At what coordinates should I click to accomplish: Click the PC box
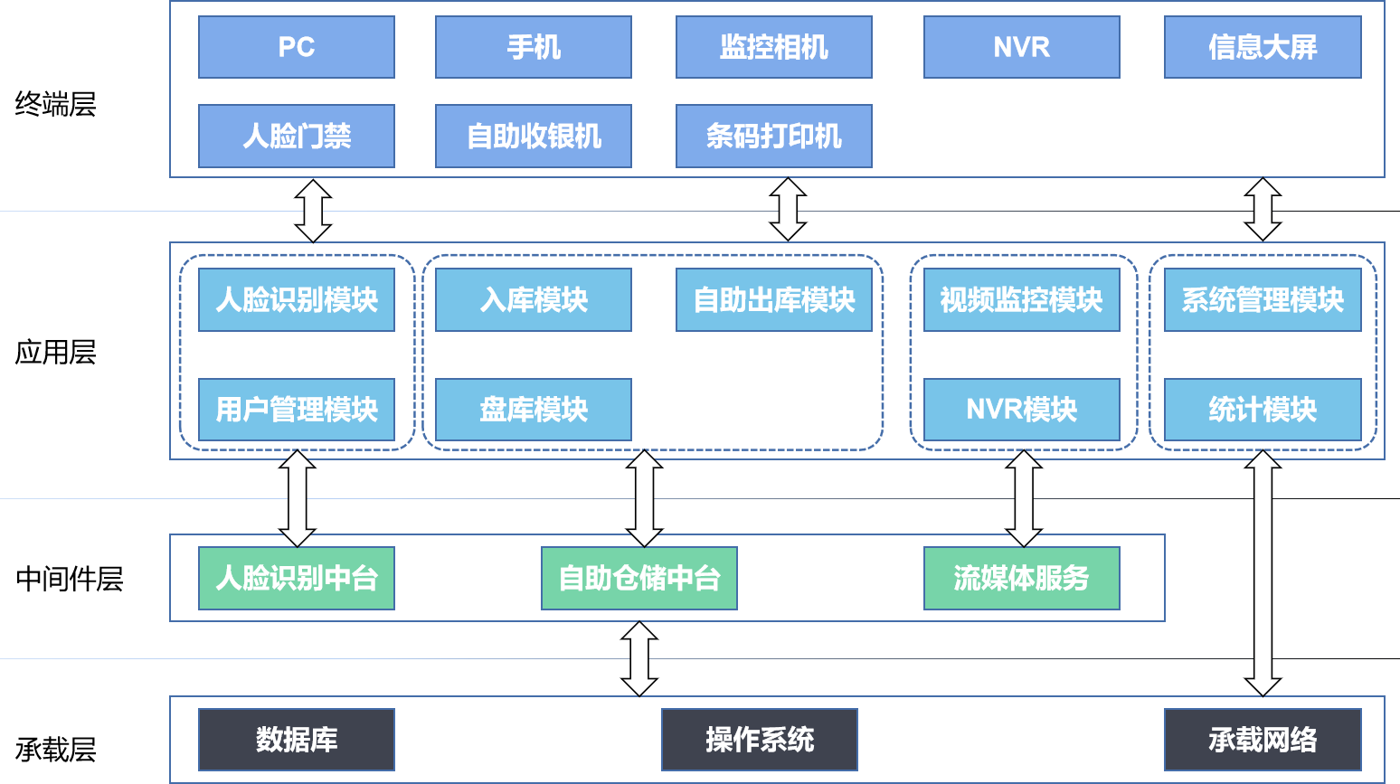coord(297,47)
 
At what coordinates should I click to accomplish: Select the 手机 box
coord(534,47)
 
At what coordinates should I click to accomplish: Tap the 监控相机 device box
coord(774,47)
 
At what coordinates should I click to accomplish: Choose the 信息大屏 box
coord(1263,47)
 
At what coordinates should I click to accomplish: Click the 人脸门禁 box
coord(297,137)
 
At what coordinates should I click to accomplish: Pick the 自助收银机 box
coord(534,137)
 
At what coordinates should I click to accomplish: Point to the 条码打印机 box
coord(774,137)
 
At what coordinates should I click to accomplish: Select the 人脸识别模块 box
coord(297,300)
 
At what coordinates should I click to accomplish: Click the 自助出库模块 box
coord(774,300)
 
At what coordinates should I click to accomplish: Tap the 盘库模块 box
coord(534,410)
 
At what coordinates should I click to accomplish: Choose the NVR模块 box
coord(1022,410)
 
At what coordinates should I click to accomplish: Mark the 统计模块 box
coord(1263,410)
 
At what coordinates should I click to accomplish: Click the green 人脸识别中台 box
coord(297,578)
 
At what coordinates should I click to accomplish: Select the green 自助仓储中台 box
coord(639,578)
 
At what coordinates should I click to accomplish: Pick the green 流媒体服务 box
coord(1022,578)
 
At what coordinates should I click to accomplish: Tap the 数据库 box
coord(297,740)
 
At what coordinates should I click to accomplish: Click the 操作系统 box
coord(760,740)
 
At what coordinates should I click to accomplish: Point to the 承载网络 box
coord(1263,740)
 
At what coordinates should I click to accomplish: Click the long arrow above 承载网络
coord(1263,573)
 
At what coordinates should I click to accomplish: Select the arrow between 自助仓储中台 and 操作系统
coord(639,658)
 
